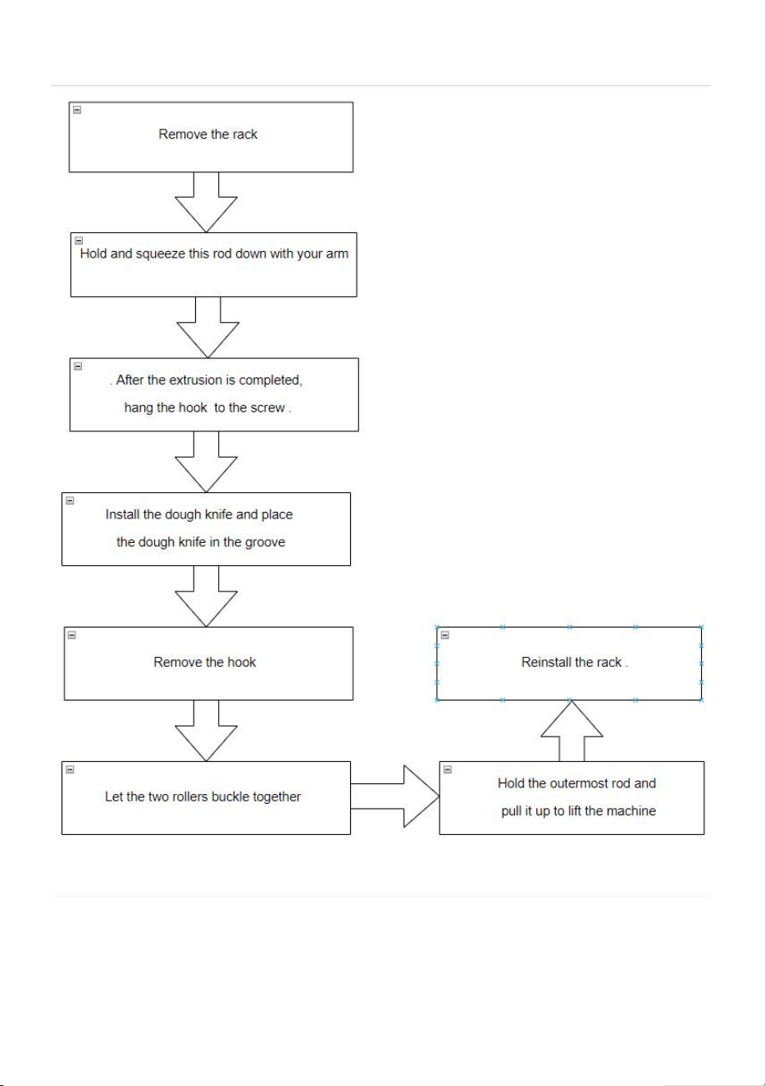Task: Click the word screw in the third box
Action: click(268, 408)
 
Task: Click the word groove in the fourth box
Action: click(265, 542)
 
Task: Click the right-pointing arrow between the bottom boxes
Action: click(395, 796)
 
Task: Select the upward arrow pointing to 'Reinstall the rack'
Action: click(571, 731)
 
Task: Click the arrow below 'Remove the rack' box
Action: click(206, 202)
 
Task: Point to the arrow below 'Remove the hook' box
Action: click(206, 731)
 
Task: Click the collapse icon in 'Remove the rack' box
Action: click(77, 110)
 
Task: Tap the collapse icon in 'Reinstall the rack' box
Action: click(445, 635)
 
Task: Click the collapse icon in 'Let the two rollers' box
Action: click(70, 769)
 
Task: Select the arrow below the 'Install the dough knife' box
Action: click(206, 596)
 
